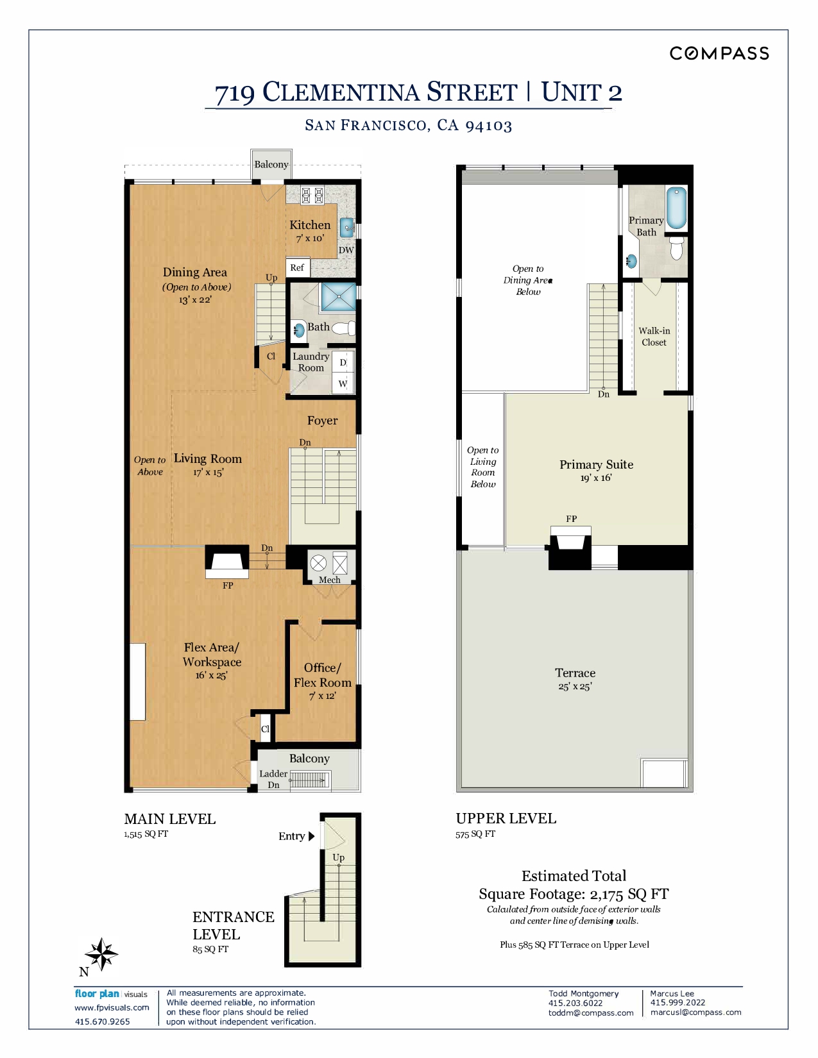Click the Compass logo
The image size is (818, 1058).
[719, 53]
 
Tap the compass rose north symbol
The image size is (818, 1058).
[101, 954]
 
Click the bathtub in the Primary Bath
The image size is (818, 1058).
[676, 208]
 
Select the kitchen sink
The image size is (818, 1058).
[347, 227]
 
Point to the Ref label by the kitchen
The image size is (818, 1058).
[296, 267]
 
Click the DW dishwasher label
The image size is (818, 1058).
[346, 250]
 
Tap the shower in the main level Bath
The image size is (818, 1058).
[337, 296]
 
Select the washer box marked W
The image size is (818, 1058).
[343, 383]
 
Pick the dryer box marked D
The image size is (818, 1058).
[343, 362]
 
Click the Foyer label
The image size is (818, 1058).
[322, 420]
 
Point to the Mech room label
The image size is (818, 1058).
[329, 580]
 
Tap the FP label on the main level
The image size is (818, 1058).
[228, 585]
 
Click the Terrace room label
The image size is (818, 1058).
[575, 673]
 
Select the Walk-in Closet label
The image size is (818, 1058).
[654, 336]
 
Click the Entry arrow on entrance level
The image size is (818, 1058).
[312, 836]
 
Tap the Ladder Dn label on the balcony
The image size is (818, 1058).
[273, 779]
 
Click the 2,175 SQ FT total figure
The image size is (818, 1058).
[629, 894]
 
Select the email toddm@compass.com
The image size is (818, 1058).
[590, 1012]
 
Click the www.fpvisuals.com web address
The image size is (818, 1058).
[112, 1007]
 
